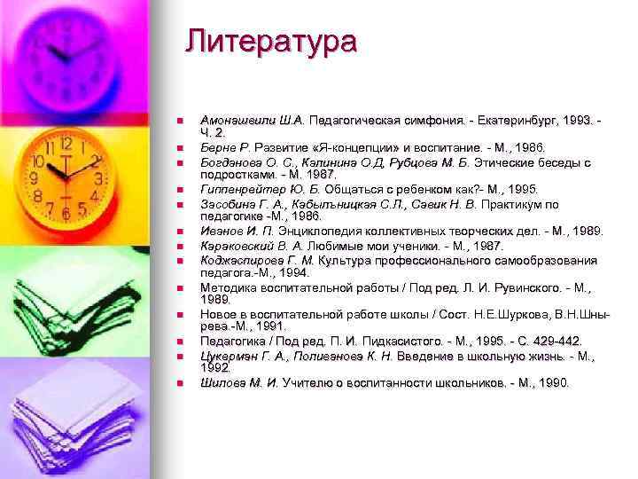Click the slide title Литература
(271, 42)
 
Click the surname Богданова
(233, 162)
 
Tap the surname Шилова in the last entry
(222, 383)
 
